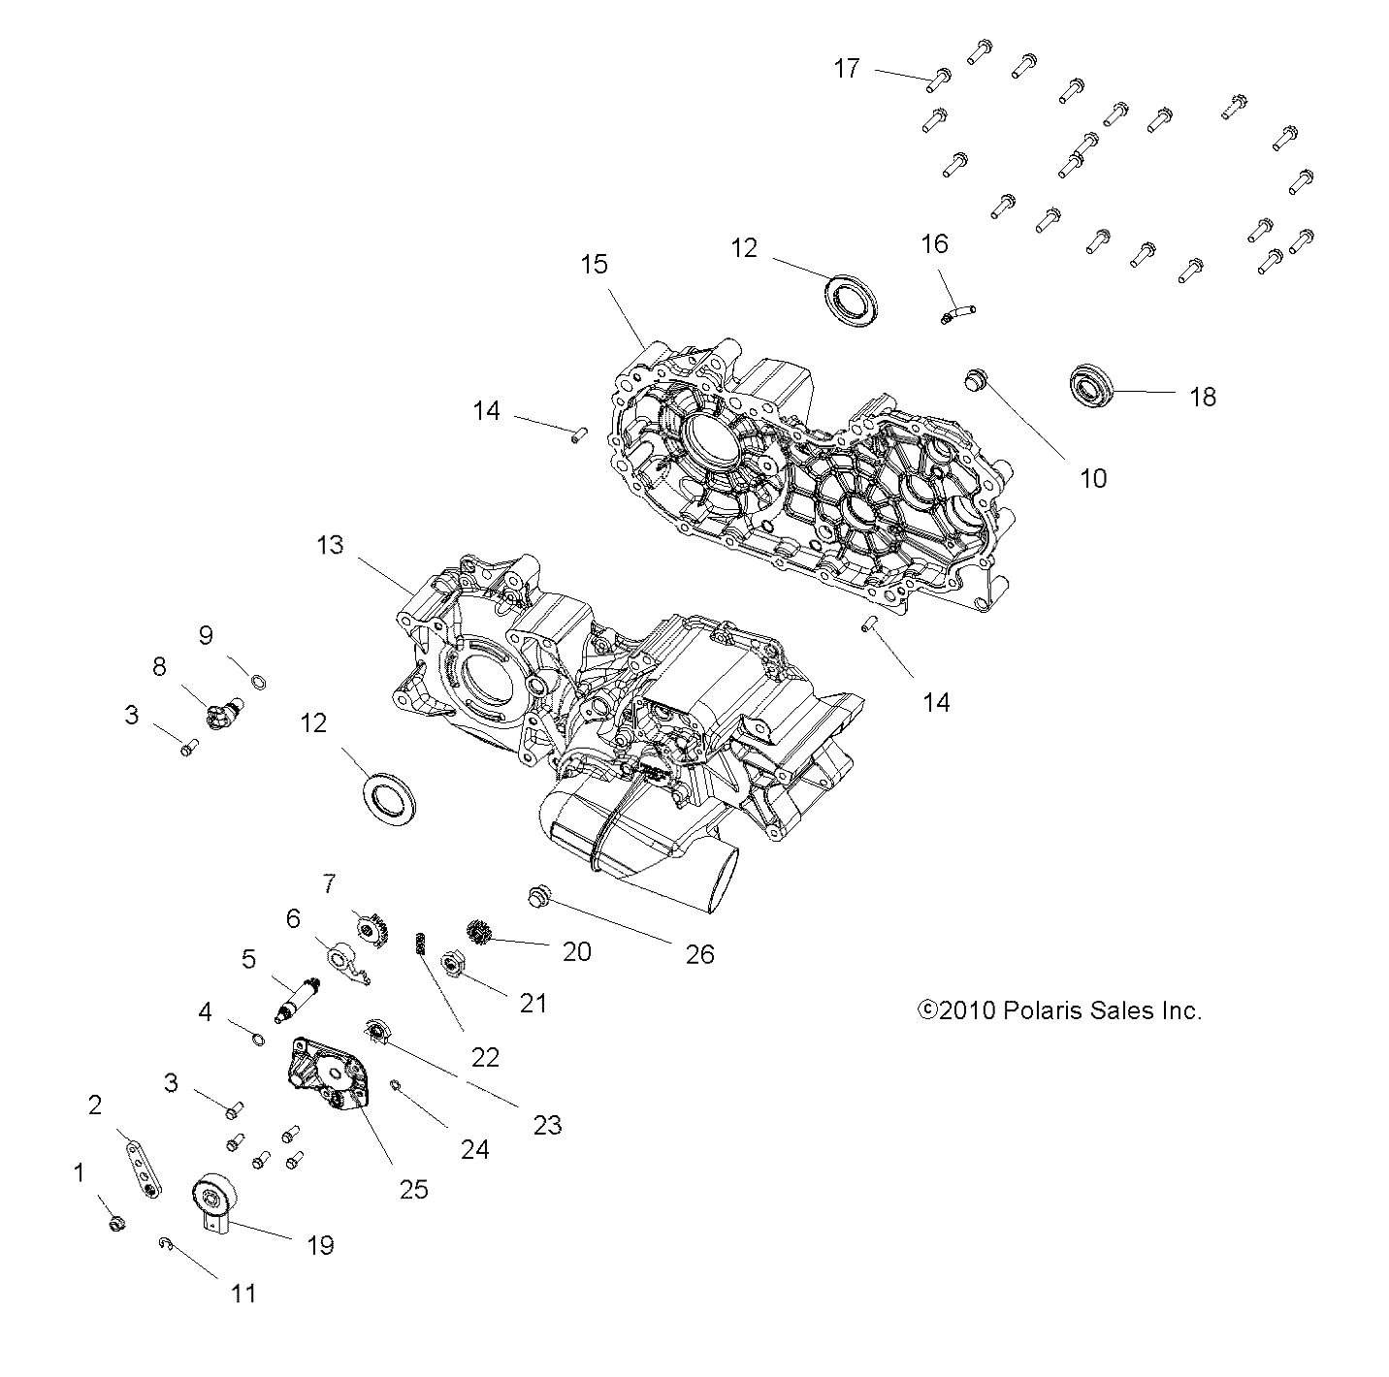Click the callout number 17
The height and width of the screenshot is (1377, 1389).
click(846, 69)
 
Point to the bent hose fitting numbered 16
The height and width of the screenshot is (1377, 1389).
click(955, 313)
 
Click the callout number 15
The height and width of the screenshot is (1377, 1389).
click(594, 264)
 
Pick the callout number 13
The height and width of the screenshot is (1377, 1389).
click(330, 545)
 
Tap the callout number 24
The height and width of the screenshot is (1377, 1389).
click(474, 1149)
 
